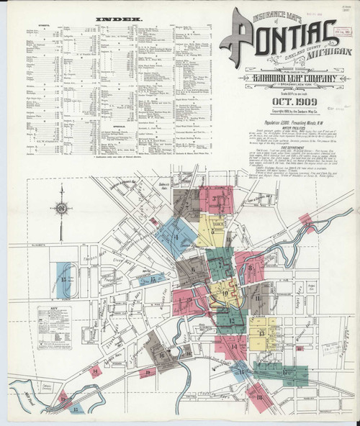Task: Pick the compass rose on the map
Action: coord(63,208)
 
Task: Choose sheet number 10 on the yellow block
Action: coord(225,293)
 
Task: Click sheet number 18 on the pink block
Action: coord(257,396)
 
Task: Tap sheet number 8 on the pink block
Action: coord(250,270)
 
